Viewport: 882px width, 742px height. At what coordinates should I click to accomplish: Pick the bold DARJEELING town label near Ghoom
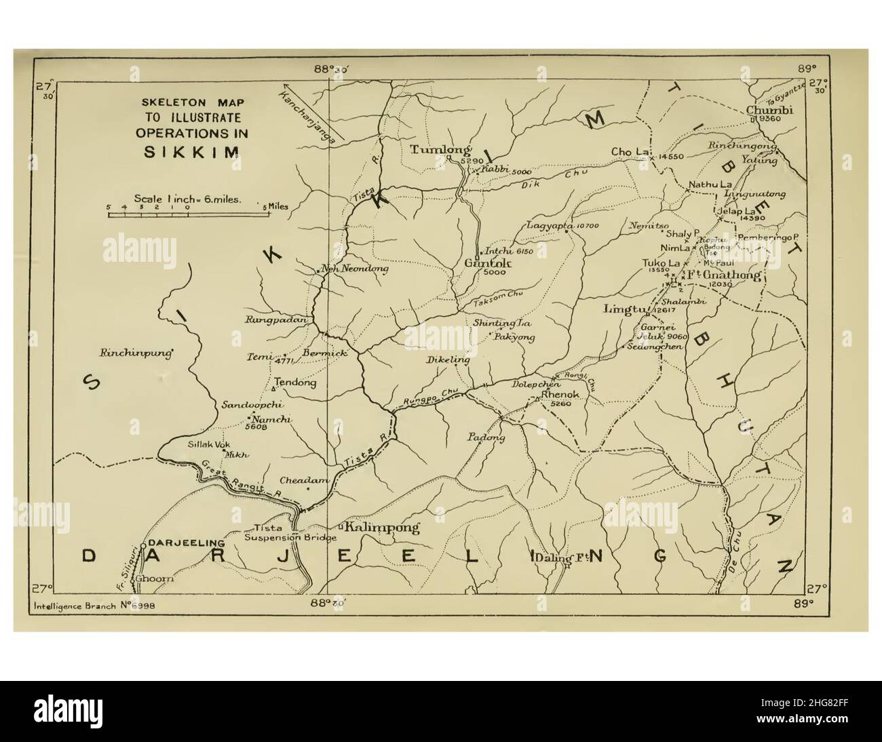point(186,543)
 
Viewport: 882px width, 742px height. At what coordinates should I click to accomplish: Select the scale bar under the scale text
point(189,214)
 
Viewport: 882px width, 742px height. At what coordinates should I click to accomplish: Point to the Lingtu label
point(623,309)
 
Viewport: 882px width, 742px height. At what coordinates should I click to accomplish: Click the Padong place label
point(486,437)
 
